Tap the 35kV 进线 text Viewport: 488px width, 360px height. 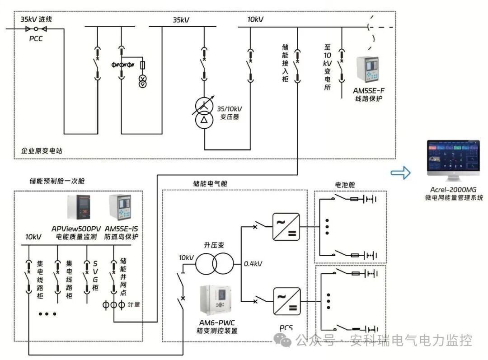tap(36, 19)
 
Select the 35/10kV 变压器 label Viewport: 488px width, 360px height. tap(230, 112)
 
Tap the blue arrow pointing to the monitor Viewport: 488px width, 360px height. tap(401, 172)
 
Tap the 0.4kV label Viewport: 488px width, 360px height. tap(253, 264)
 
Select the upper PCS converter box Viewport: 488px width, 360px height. tap(286, 227)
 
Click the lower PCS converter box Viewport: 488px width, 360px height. tap(286, 301)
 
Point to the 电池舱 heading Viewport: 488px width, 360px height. tap(344, 184)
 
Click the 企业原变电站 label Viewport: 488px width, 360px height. tap(42, 151)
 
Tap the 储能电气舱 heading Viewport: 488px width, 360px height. tap(210, 184)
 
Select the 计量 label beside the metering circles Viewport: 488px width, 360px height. tap(134, 305)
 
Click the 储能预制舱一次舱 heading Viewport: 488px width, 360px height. tap(57, 181)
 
